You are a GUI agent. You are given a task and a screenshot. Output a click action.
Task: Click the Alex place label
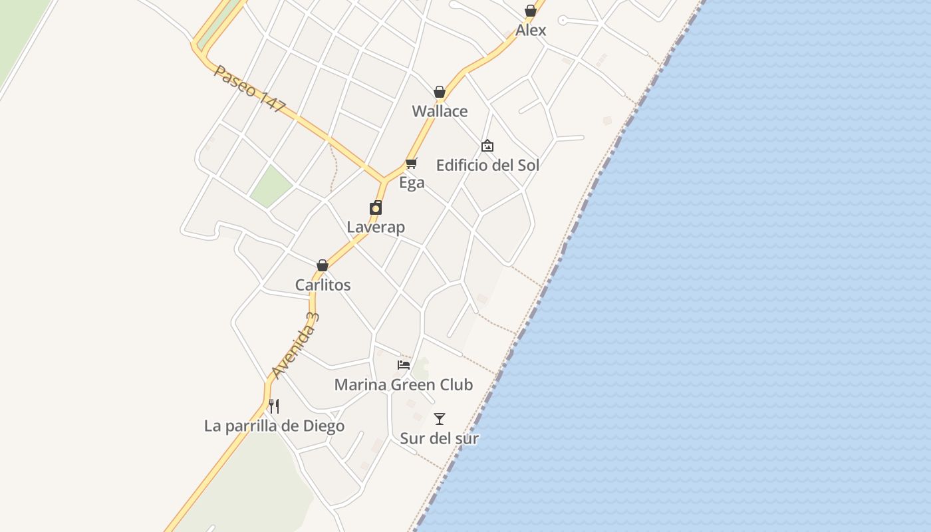[531, 30]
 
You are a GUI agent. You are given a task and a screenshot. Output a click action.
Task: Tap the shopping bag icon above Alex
[531, 11]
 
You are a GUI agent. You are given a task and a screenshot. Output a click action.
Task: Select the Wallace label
[440, 111]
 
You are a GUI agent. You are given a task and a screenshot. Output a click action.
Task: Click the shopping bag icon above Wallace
[440, 92]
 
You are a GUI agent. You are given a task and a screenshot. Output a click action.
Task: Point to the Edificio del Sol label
[487, 165]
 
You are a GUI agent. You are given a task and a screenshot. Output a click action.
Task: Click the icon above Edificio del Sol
[487, 146]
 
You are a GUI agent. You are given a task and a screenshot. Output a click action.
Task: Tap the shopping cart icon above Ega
[412, 163]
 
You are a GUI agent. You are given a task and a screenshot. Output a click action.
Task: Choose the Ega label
[412, 182]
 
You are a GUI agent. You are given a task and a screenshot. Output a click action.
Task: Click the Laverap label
[376, 227]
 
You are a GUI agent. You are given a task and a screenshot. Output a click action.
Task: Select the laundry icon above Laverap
[376, 207]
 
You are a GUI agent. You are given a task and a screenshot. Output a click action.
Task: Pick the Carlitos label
[323, 285]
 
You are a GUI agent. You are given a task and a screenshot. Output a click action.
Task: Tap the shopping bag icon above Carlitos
[323, 265]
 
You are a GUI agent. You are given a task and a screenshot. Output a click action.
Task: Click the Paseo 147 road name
[250, 88]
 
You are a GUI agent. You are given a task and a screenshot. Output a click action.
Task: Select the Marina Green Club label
[403, 384]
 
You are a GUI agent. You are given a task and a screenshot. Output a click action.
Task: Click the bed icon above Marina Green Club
[404, 364]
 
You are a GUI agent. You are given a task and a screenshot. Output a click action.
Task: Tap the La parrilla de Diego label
[274, 426]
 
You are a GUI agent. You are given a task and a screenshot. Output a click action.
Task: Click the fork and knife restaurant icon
[274, 406]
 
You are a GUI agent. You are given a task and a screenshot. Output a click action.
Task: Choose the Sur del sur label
[440, 438]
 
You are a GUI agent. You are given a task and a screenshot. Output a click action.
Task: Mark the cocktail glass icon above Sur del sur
[440, 419]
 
